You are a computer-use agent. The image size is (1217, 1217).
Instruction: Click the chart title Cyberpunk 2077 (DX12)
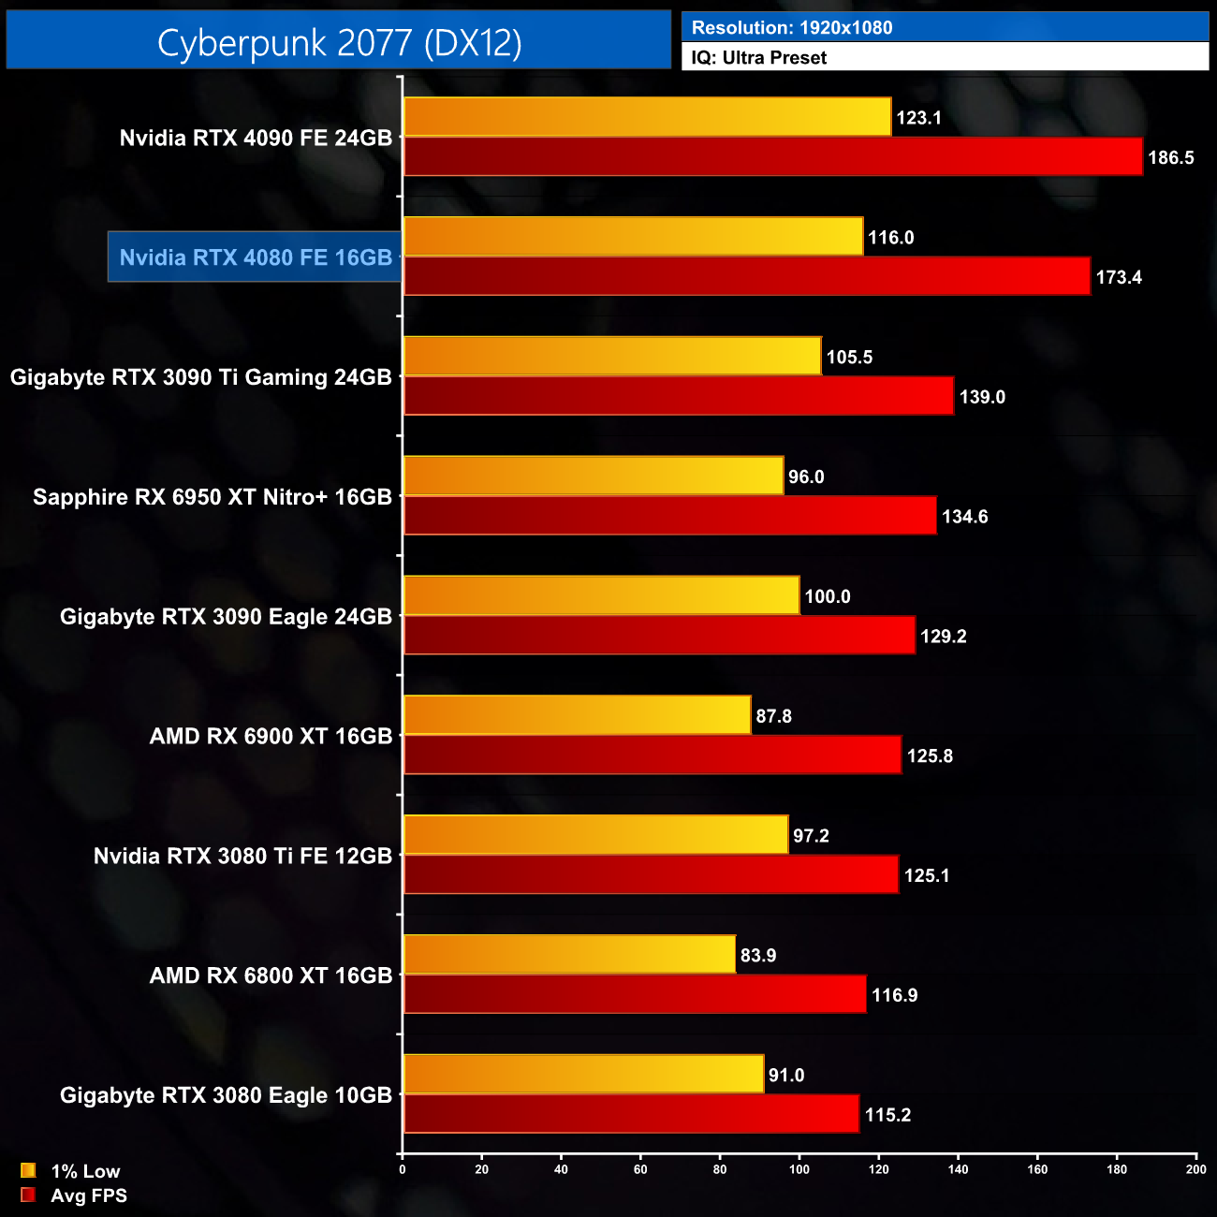tap(339, 42)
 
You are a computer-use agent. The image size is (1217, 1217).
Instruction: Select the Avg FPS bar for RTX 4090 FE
tap(772, 157)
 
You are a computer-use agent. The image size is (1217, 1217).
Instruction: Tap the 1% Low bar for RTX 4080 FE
tap(633, 237)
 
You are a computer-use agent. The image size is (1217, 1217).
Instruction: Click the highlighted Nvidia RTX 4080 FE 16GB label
tap(256, 257)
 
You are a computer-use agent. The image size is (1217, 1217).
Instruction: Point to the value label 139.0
tap(982, 397)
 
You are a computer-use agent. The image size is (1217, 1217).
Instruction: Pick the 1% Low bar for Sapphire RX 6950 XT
tap(593, 477)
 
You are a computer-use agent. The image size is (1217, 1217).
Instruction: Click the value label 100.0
tap(828, 597)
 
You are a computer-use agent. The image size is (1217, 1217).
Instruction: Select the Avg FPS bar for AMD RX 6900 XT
tap(652, 755)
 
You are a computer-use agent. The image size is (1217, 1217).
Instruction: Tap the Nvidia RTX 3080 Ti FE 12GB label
tap(242, 856)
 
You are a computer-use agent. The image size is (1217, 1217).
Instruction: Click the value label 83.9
tap(758, 956)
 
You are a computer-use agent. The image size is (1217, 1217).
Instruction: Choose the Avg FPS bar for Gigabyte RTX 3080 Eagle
tap(631, 1114)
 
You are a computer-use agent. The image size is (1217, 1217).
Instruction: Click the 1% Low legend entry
tap(71, 1171)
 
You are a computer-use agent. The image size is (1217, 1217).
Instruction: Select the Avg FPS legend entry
tap(74, 1195)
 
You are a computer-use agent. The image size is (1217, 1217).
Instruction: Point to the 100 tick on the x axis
tap(799, 1169)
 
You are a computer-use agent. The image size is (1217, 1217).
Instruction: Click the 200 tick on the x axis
tap(1195, 1169)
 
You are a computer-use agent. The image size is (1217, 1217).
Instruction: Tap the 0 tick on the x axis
tap(403, 1169)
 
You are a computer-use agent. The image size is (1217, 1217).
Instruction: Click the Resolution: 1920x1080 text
tap(792, 28)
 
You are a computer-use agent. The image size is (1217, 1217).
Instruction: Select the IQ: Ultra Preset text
tap(759, 58)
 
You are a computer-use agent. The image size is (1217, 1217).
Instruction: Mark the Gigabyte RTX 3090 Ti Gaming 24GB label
tap(201, 377)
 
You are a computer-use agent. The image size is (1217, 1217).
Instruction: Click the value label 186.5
tap(1171, 158)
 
